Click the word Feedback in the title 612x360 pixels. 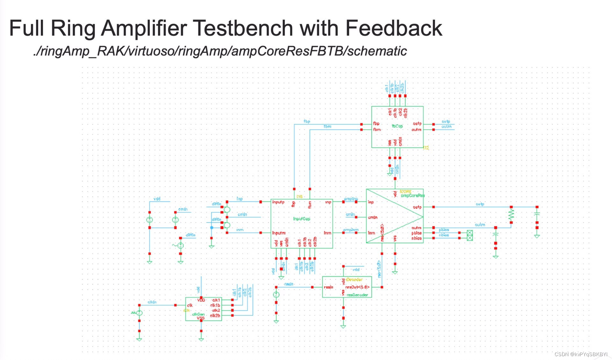[x=394, y=28]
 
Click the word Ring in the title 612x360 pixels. [x=73, y=28]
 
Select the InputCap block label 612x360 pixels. [x=302, y=219]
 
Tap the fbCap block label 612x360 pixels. [x=397, y=126]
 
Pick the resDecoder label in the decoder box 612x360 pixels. [x=357, y=295]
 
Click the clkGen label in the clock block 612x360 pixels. [x=198, y=314]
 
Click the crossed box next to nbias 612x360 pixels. [x=470, y=235]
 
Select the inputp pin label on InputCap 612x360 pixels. [x=278, y=202]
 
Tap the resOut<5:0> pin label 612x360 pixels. [x=357, y=287]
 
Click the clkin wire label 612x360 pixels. [x=152, y=302]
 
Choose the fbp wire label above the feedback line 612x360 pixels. [x=307, y=121]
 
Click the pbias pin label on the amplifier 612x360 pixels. [x=416, y=233]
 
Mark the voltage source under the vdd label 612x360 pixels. [x=149, y=220]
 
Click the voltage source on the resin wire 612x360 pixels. [x=276, y=295]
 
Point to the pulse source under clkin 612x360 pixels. [x=139, y=313]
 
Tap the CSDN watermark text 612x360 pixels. [x=581, y=354]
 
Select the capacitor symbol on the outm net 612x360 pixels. [x=496, y=234]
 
